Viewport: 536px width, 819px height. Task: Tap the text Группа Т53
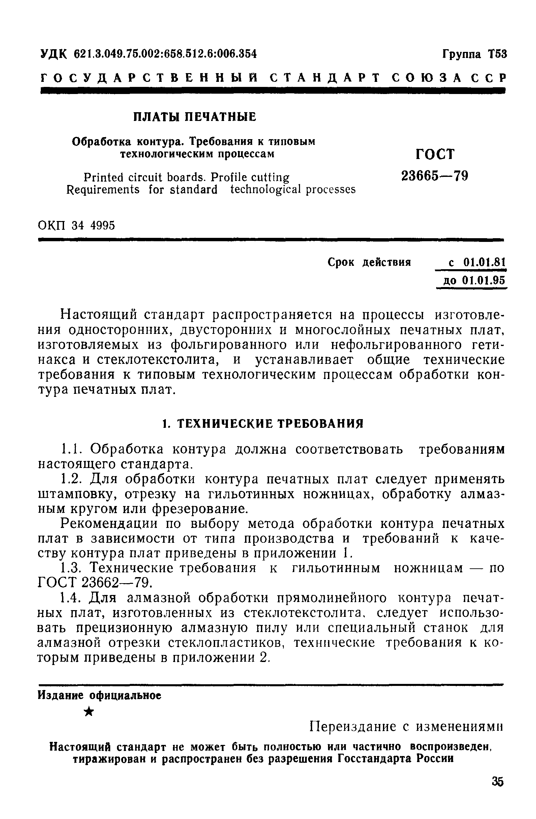point(474,54)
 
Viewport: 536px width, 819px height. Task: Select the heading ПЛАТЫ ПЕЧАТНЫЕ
point(195,117)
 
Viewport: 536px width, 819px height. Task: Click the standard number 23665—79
point(435,176)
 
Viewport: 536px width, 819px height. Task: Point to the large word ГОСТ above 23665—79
point(435,154)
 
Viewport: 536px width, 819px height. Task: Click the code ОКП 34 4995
point(77,226)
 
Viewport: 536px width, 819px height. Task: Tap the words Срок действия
point(369,262)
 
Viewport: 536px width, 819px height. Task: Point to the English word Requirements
point(103,190)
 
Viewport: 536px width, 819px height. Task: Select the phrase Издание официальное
point(99,696)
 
